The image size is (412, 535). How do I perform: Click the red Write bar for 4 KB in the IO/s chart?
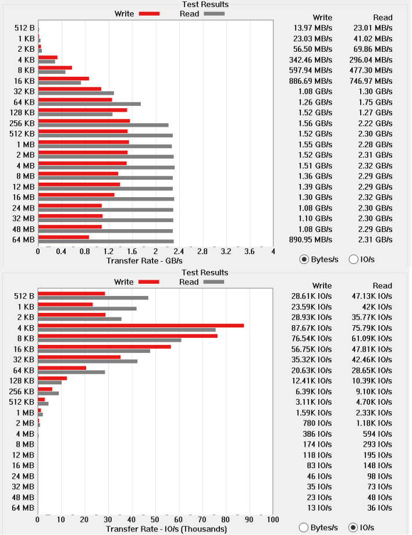pos(141,326)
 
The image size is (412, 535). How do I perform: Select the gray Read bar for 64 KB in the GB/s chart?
pos(90,104)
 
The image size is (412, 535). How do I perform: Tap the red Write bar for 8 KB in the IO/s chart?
pos(127,336)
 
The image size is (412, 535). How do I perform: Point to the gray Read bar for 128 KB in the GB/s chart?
pos(76,115)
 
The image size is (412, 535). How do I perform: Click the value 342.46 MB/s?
pos(310,60)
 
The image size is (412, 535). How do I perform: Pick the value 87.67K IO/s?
pos(311,328)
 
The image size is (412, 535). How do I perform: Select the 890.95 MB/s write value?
pos(310,240)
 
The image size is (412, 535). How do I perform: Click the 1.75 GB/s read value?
pos(375,102)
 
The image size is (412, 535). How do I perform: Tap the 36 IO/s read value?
pos(379,508)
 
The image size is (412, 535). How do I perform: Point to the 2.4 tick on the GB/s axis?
pos(179,252)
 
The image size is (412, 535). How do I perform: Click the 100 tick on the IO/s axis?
pos(273,520)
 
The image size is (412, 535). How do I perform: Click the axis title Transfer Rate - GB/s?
pos(144,261)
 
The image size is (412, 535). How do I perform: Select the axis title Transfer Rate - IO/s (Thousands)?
pos(166,529)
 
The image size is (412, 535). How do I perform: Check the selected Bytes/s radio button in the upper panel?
pos(304,260)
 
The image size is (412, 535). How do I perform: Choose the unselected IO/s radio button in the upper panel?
pos(353,260)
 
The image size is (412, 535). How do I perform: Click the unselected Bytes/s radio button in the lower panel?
pos(303,528)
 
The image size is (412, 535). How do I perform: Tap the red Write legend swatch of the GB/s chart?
pos(149,13)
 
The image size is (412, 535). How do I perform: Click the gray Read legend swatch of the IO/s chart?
pos(214,282)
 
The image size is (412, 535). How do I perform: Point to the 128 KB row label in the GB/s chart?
pos(22,113)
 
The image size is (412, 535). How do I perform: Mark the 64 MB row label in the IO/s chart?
pos(23,508)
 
